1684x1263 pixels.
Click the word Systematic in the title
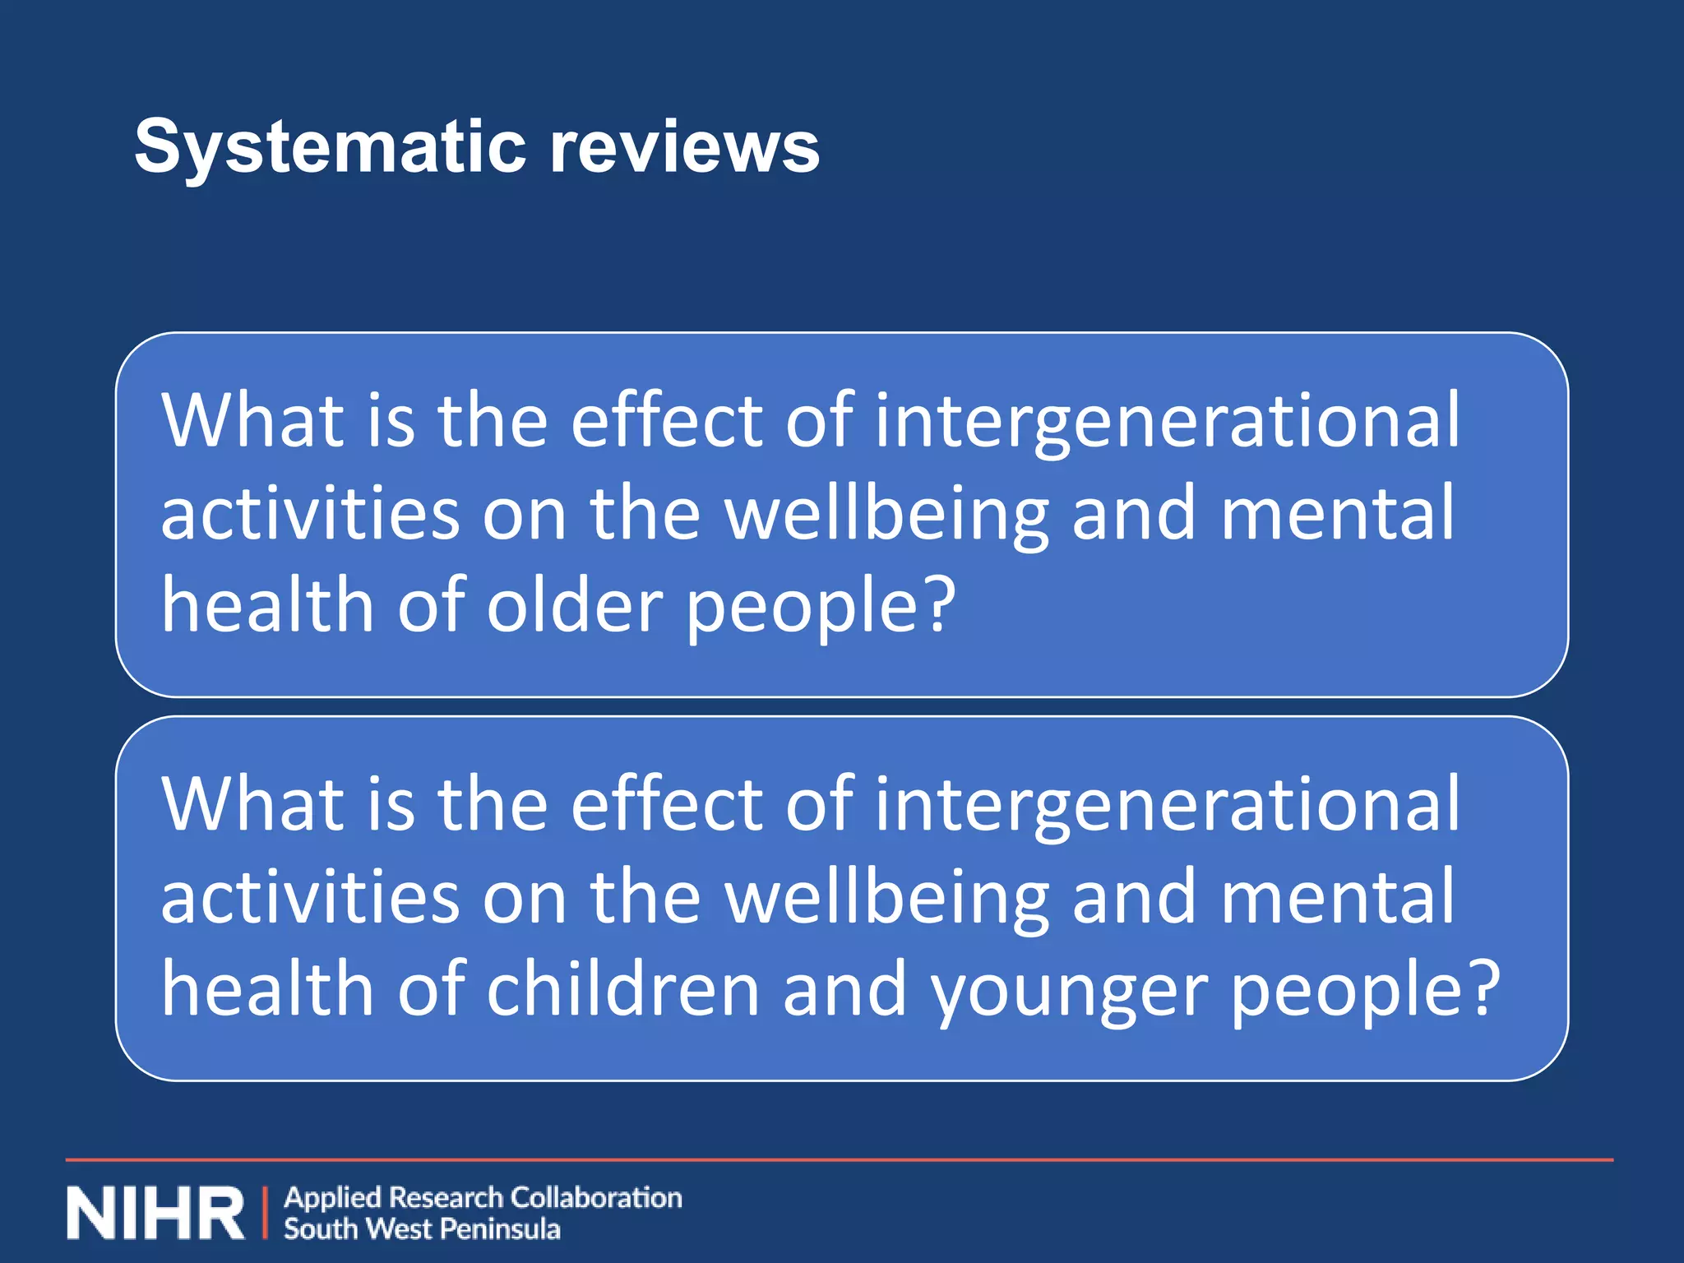click(x=330, y=148)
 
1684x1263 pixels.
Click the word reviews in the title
click(x=684, y=148)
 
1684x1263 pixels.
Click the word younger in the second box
click(x=1069, y=991)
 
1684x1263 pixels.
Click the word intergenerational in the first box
click(x=1167, y=421)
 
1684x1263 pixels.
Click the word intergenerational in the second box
click(x=1167, y=805)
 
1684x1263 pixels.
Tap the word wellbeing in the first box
click(x=886, y=515)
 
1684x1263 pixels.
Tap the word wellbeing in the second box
click(x=886, y=899)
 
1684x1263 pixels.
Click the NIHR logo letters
click(x=155, y=1213)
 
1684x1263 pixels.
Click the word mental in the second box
click(x=1337, y=897)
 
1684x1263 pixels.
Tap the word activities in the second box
click(x=310, y=897)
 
